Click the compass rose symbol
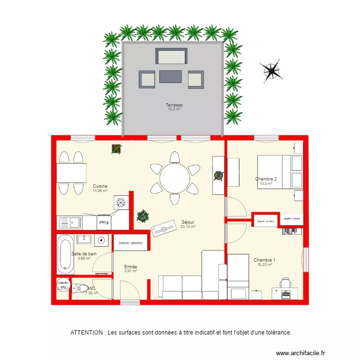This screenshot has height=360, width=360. click(273, 71)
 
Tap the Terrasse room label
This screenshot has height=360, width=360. click(174, 105)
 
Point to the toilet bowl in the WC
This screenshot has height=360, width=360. click(77, 288)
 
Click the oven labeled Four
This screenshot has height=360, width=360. click(104, 222)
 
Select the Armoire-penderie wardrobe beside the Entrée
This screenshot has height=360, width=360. click(131, 242)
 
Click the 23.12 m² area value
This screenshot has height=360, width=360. click(188, 227)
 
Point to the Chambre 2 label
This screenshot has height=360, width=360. click(265, 179)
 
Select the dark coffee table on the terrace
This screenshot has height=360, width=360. click(170, 77)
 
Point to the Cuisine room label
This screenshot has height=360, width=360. click(100, 186)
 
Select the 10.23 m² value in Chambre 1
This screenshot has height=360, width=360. click(264, 264)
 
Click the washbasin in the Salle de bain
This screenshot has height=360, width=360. click(84, 239)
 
